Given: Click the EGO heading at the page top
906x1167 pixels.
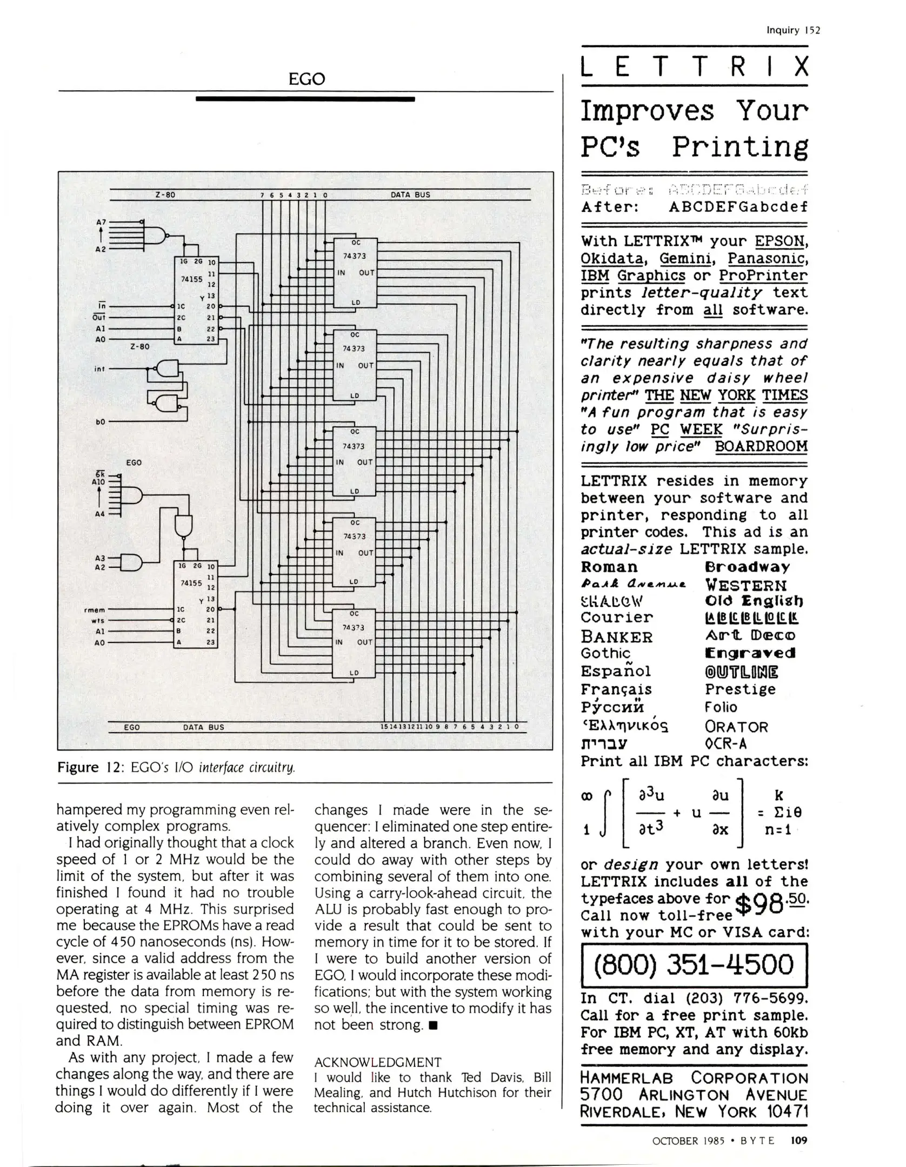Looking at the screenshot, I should [x=307, y=79].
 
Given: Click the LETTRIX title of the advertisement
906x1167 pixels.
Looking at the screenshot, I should [x=694, y=67].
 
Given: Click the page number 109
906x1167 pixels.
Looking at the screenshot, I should [x=798, y=1141].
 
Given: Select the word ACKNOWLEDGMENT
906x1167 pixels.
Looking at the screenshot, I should [x=378, y=1062].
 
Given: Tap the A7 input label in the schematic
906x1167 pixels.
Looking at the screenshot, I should [x=101, y=222].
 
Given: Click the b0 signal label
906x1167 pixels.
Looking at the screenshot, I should [x=100, y=422].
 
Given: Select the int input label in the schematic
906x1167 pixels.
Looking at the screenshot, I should [x=99, y=369].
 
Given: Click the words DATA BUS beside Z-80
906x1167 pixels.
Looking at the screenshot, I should [x=410, y=194].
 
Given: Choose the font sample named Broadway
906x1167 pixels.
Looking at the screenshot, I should [x=747, y=567].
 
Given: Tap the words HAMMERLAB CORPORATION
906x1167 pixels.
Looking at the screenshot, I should [x=694, y=1078].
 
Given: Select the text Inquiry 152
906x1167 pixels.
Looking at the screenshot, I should [x=793, y=30].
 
